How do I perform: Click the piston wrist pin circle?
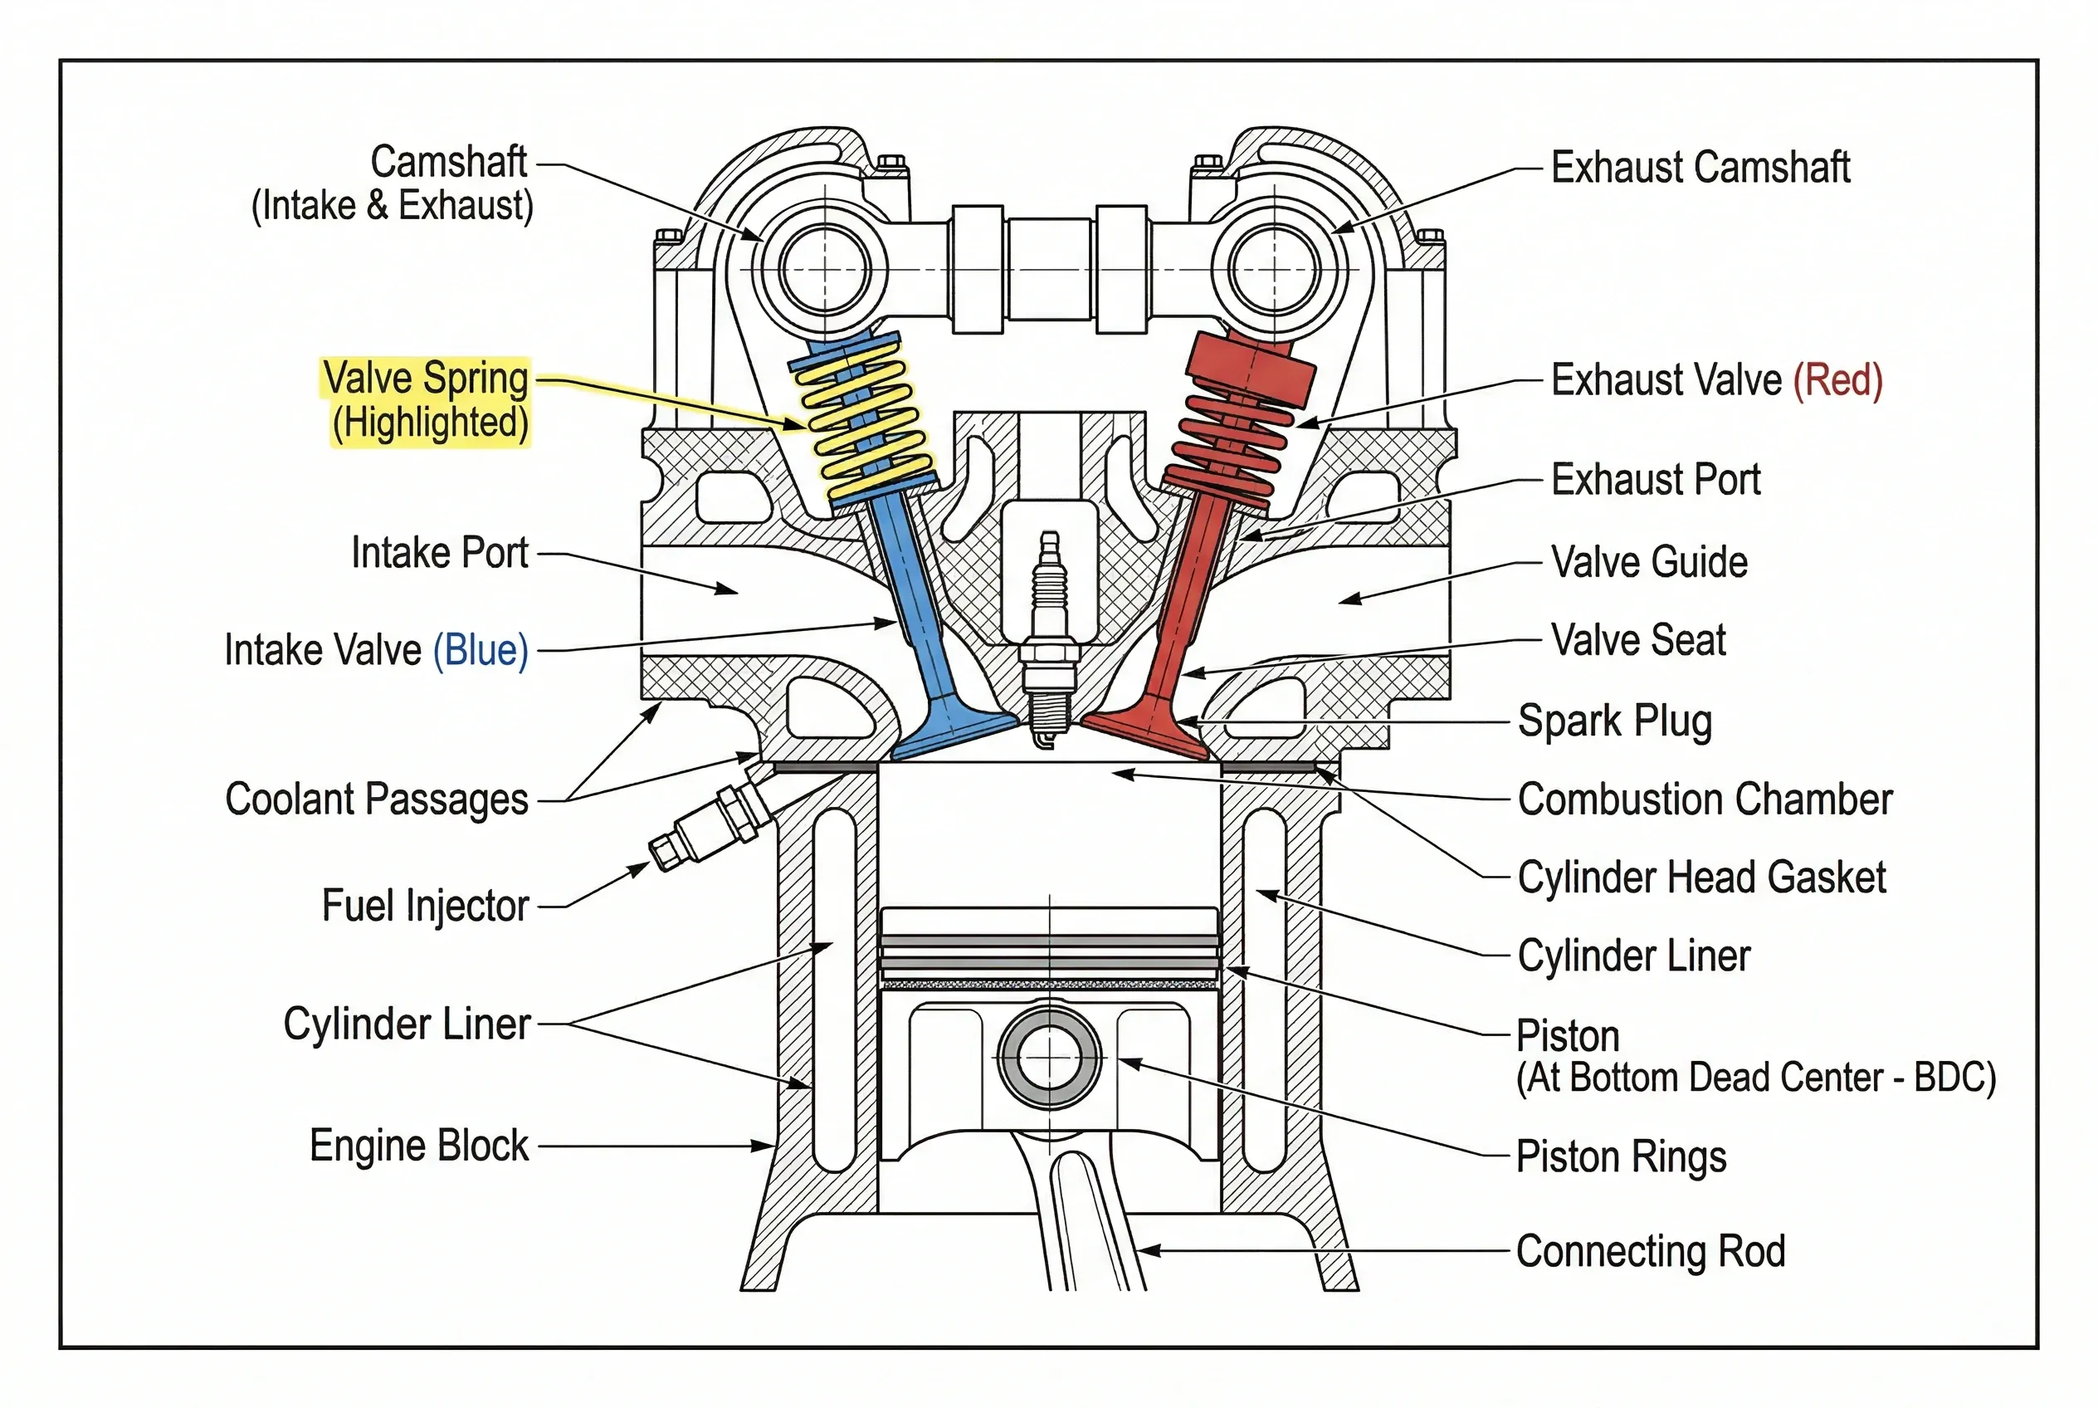1048,1058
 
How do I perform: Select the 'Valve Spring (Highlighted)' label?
427,400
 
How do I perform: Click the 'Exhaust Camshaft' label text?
1700,168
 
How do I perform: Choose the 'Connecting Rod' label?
1650,1251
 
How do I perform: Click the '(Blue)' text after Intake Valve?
481,650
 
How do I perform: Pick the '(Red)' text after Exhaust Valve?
1837,380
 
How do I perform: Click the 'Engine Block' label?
419,1146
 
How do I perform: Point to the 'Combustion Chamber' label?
1704,799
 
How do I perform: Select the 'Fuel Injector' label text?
425,905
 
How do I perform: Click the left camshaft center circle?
825,268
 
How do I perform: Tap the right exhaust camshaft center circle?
1274,268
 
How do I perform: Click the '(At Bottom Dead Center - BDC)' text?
1755,1078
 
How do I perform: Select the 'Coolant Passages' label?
376,799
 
